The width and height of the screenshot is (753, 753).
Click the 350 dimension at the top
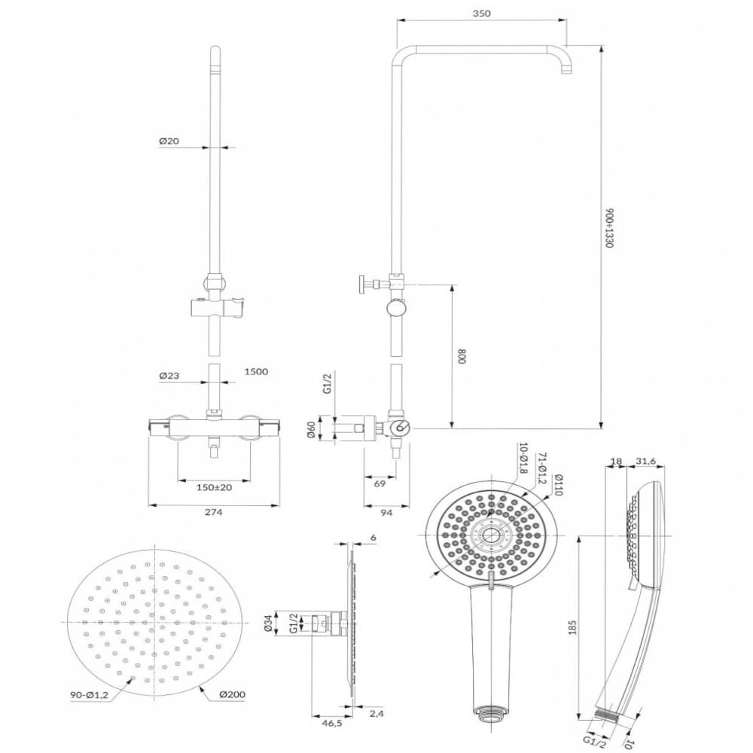(481, 14)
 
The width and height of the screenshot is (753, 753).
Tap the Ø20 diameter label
(169, 141)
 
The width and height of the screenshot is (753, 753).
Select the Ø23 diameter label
(169, 376)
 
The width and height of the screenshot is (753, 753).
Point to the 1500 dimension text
(256, 371)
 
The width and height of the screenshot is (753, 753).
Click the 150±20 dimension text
(214, 487)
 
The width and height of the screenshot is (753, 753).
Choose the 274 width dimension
(214, 512)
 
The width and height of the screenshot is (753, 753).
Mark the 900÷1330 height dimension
(609, 227)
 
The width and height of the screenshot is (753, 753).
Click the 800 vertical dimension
(462, 356)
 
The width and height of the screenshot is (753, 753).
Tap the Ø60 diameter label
(312, 429)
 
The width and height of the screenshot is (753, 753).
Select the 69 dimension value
(380, 483)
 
